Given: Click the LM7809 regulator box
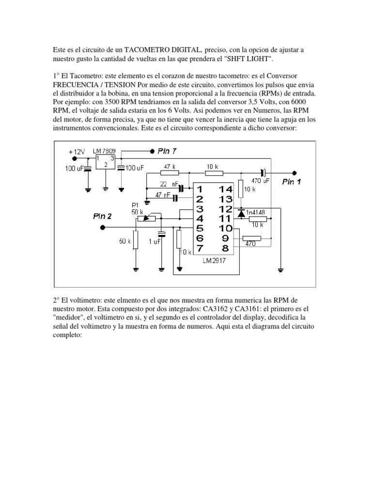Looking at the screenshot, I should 106,161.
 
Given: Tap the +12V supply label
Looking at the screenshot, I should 77,152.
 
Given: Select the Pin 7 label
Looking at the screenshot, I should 167,151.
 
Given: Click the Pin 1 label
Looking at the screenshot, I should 291,182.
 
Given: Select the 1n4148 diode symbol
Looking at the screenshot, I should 241,212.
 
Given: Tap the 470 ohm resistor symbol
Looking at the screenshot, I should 251,238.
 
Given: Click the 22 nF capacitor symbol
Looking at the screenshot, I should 182,188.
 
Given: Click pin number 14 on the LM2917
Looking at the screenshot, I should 226,189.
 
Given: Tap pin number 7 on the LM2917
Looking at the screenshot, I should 200,248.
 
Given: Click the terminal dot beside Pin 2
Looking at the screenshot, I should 102,228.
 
